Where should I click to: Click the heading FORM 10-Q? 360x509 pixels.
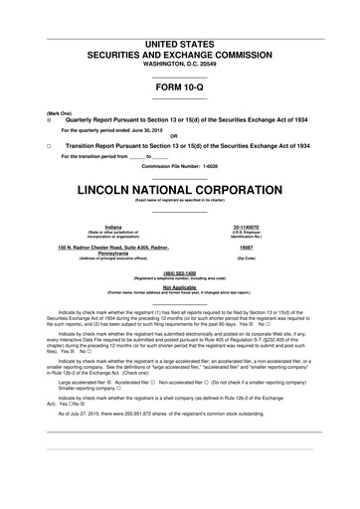[x=180, y=87]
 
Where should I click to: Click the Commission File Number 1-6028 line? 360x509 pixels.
[x=180, y=166]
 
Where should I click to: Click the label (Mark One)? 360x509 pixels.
[x=45, y=112]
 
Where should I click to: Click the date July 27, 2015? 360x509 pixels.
[x=88, y=413]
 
